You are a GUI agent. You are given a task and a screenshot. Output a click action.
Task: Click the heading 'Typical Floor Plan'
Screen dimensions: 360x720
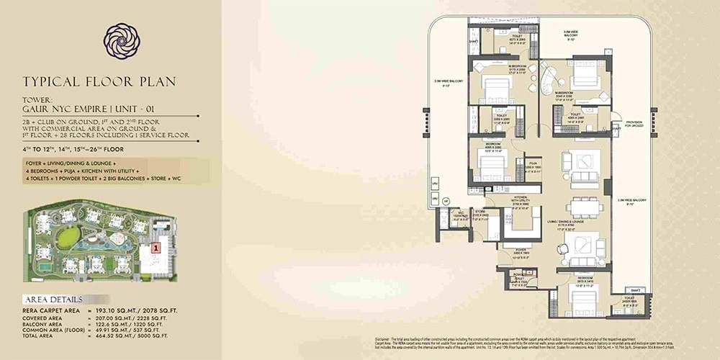tap(99, 81)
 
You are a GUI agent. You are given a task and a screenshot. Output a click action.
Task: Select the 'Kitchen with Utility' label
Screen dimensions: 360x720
tap(521, 202)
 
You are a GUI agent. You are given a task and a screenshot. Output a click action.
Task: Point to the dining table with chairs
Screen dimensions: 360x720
tap(585, 207)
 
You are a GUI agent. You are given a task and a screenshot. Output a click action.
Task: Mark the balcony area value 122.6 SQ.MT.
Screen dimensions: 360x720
tap(105, 323)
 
